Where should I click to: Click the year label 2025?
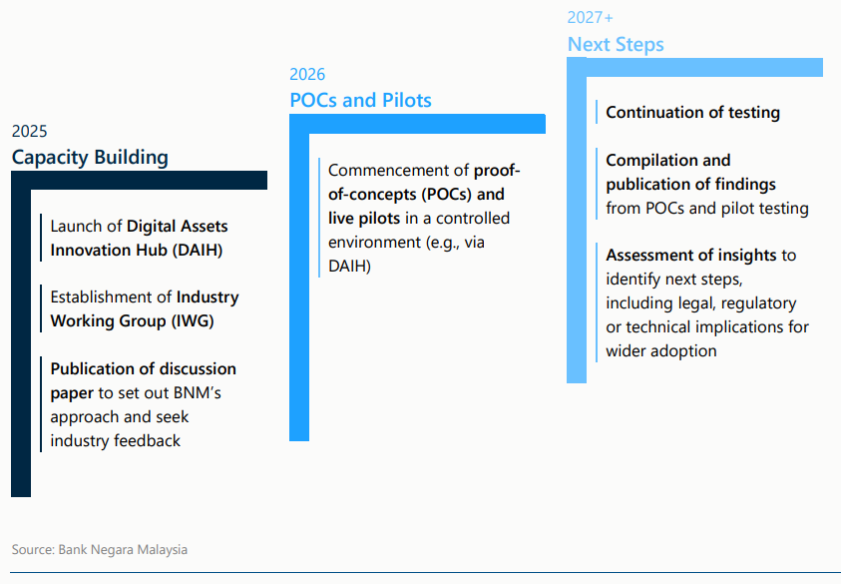click(x=29, y=131)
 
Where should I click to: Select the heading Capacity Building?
click(x=90, y=157)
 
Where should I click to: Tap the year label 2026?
click(x=307, y=74)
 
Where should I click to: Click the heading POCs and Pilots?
click(x=360, y=100)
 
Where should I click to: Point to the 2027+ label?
click(x=591, y=17)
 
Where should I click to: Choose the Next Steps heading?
click(x=616, y=44)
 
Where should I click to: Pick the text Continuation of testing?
click(x=692, y=113)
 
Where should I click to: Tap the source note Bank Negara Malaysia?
click(x=122, y=549)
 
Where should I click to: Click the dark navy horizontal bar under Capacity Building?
click(x=140, y=180)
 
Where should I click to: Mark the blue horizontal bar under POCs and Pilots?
click(x=419, y=124)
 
